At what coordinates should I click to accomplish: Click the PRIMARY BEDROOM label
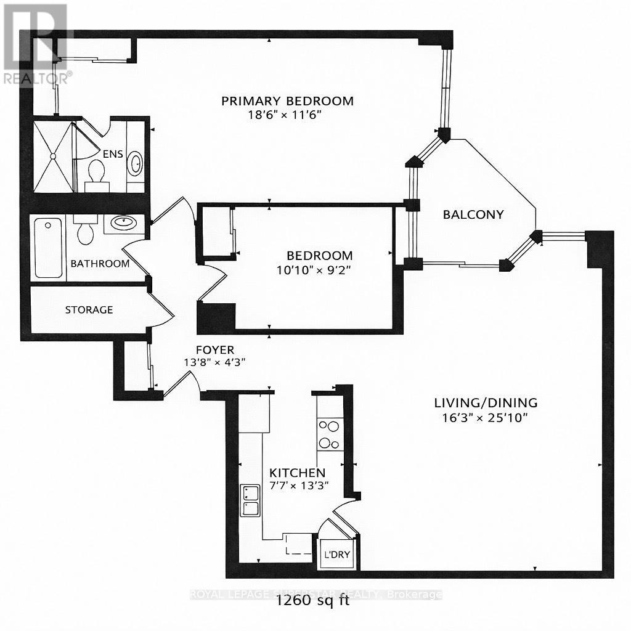(x=288, y=101)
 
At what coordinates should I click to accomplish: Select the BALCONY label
(x=473, y=214)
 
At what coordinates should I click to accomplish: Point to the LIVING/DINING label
(x=486, y=403)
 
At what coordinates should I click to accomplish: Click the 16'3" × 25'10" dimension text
(x=486, y=417)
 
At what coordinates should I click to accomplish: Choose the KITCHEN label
(x=297, y=473)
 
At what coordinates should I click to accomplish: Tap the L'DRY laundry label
(x=337, y=555)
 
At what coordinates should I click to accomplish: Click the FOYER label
(x=215, y=350)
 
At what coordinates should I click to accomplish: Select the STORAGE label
(x=89, y=310)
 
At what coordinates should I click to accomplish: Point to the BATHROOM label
(x=100, y=264)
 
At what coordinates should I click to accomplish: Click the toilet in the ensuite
(x=96, y=171)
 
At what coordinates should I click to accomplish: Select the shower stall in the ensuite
(x=52, y=156)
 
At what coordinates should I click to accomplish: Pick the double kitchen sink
(x=250, y=500)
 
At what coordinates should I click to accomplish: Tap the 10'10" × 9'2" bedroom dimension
(x=319, y=269)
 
